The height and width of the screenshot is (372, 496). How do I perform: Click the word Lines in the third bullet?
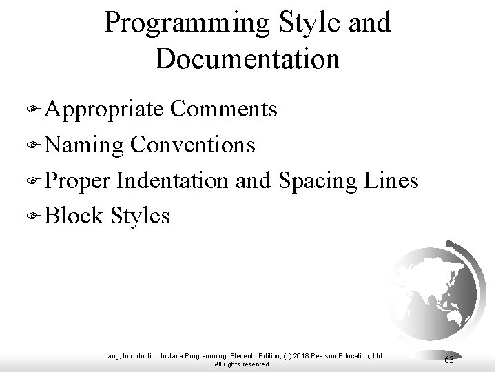393,180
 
